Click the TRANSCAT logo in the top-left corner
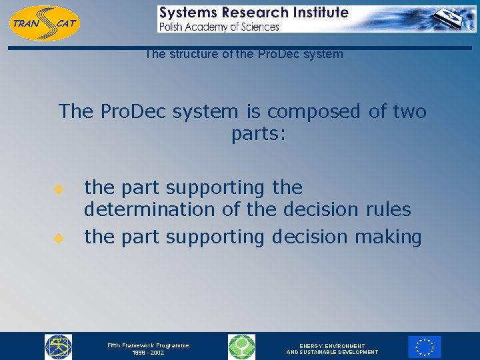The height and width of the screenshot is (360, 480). (x=44, y=23)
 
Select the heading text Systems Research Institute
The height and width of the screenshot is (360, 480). (x=253, y=13)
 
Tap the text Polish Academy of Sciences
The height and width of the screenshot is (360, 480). (x=219, y=27)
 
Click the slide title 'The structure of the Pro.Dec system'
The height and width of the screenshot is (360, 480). (x=244, y=54)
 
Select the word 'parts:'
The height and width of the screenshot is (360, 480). (x=259, y=134)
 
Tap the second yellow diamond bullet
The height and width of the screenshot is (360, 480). (x=58, y=237)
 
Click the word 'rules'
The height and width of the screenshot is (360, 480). (x=389, y=209)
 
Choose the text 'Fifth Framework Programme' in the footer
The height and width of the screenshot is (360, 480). (x=149, y=345)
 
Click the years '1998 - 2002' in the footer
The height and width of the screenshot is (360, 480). (x=148, y=353)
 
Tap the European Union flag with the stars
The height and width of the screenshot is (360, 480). (x=425, y=347)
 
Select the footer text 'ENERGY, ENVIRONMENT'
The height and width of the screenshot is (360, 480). (x=332, y=346)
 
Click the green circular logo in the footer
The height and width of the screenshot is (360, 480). (x=241, y=347)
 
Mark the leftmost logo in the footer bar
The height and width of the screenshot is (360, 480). (x=58, y=347)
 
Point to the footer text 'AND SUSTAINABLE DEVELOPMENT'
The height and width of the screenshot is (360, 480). (x=332, y=353)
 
